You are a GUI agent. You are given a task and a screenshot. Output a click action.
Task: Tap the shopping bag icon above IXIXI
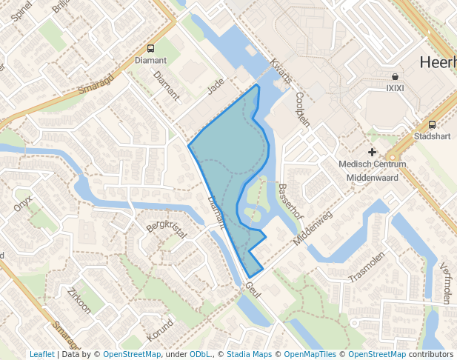click(x=396, y=76)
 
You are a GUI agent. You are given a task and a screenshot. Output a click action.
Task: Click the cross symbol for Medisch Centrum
click(x=372, y=152)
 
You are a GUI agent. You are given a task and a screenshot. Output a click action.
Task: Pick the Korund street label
click(x=160, y=330)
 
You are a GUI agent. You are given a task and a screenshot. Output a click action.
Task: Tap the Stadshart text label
click(x=432, y=137)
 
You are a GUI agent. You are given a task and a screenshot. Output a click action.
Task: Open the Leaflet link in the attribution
click(x=41, y=354)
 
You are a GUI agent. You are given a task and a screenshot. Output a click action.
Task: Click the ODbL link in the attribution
click(x=199, y=354)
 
